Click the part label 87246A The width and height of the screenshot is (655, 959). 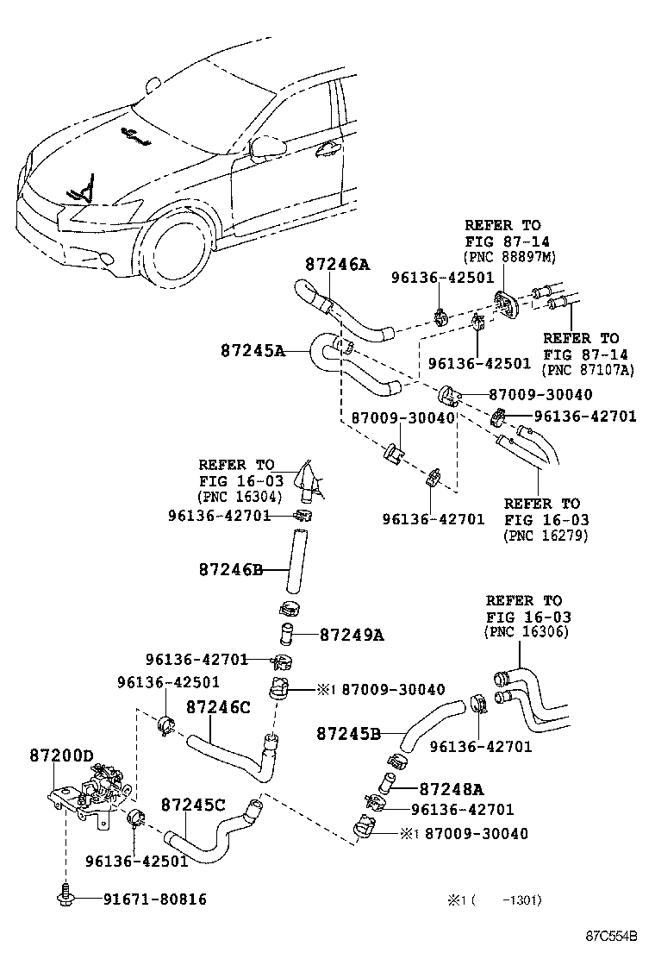pyautogui.click(x=336, y=265)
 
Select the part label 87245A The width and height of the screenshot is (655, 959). pyautogui.click(x=252, y=351)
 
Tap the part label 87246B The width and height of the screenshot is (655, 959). pyautogui.click(x=230, y=569)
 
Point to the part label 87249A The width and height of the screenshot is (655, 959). pyautogui.click(x=351, y=636)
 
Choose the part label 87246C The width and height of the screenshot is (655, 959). pyautogui.click(x=218, y=708)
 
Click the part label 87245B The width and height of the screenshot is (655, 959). pyautogui.click(x=348, y=734)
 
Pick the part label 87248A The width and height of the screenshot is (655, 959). pyautogui.click(x=452, y=788)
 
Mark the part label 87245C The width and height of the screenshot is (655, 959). pyautogui.click(x=193, y=805)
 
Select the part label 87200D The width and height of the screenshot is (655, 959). pyautogui.click(x=60, y=756)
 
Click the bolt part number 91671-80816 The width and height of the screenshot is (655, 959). pyautogui.click(x=155, y=899)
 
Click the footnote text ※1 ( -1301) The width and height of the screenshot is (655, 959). pyautogui.click(x=494, y=900)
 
